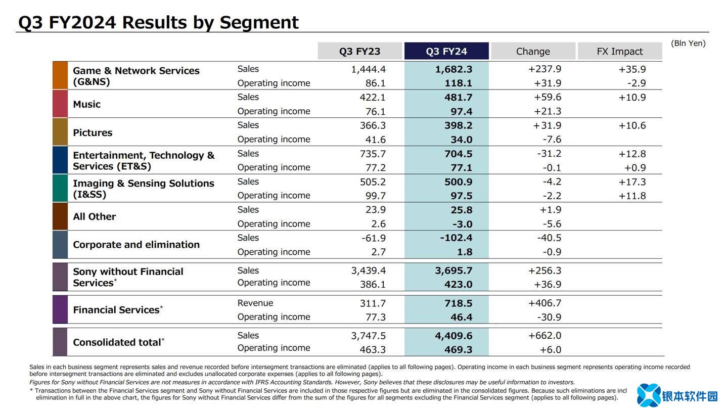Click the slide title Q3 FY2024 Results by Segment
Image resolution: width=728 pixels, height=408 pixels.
pyautogui.click(x=158, y=22)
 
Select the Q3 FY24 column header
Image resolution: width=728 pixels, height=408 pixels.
pyautogui.click(x=446, y=51)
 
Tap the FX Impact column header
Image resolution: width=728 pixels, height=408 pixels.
pyautogui.click(x=620, y=51)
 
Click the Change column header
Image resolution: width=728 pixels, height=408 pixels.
pyautogui.click(x=533, y=51)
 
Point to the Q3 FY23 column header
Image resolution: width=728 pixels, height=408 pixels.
pyautogui.click(x=359, y=51)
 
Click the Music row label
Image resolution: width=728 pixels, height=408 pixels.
pyautogui.click(x=86, y=104)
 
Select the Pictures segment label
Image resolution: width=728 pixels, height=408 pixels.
pyautogui.click(x=93, y=132)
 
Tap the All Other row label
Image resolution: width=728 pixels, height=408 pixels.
pyautogui.click(x=95, y=216)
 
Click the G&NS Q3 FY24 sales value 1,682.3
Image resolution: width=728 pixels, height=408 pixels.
pyautogui.click(x=453, y=69)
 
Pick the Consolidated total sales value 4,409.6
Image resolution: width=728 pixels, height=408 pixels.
pyautogui.click(x=453, y=336)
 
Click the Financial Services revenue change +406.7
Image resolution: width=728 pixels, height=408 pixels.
pyautogui.click(x=544, y=303)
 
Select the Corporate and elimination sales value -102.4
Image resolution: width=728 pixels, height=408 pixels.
pyautogui.click(x=456, y=238)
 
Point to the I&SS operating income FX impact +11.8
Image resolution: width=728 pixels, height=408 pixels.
pyautogui.click(x=632, y=196)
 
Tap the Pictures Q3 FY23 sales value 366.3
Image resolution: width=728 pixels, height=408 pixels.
pyautogui.click(x=373, y=125)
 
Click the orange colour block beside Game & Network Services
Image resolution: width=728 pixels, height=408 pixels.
pyautogui.click(x=60, y=75)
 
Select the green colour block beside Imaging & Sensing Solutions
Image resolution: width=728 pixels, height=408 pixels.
pyautogui.click(x=60, y=188)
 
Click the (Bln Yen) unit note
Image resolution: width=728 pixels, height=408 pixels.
pyautogui.click(x=688, y=43)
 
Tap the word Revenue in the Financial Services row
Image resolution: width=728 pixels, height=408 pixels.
pyautogui.click(x=255, y=303)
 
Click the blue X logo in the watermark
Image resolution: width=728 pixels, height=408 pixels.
pyautogui.click(x=649, y=395)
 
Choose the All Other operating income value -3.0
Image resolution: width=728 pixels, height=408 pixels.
pyautogui.click(x=462, y=224)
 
